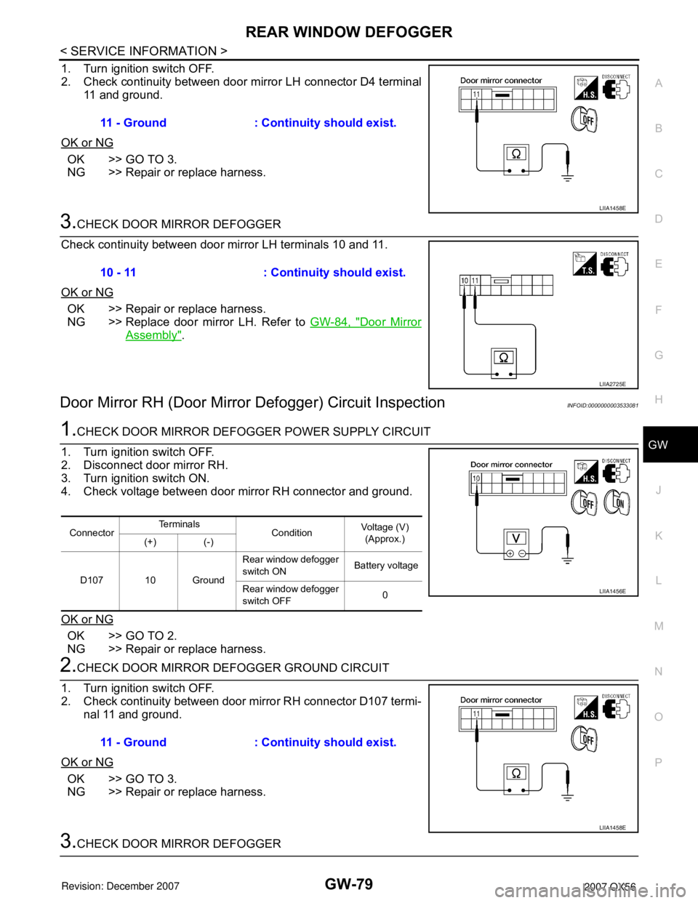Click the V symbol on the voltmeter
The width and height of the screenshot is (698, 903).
coord(516,539)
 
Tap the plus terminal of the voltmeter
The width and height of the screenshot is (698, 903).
coord(510,553)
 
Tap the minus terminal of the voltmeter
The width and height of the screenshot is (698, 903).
coord(522,553)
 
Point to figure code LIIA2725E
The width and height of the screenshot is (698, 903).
coord(612,384)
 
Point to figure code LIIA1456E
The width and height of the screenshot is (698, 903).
coord(612,592)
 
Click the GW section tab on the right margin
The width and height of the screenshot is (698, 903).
coord(657,445)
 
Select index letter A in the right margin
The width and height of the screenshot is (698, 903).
coord(658,84)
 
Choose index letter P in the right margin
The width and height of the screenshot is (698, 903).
coord(658,762)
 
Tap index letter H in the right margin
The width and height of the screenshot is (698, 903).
coord(658,400)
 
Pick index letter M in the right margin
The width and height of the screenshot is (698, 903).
coord(658,626)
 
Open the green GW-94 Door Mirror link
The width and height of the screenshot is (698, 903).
coord(366,321)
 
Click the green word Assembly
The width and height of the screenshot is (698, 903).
coord(153,335)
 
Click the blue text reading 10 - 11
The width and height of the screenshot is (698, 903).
coord(119,273)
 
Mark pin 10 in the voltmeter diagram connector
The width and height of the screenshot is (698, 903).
coord(476,478)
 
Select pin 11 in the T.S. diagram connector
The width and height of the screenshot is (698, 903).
coord(475,280)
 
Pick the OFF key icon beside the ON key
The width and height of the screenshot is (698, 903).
coord(585,502)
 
